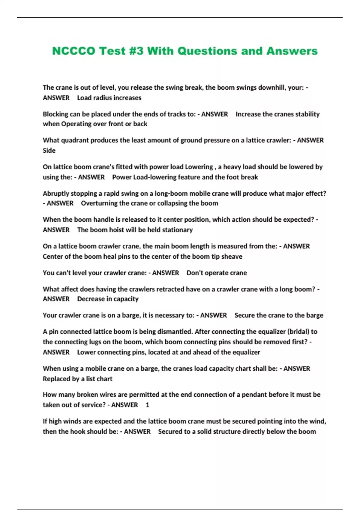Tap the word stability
pos(307,114)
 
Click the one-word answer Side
pos(49,151)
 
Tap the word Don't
pos(194,273)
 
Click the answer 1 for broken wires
pos(147,405)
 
